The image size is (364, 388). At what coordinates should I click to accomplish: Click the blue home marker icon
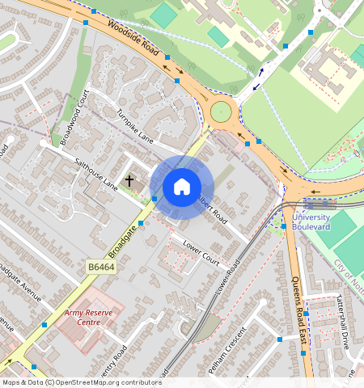(182, 188)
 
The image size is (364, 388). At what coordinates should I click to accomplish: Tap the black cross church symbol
(129, 181)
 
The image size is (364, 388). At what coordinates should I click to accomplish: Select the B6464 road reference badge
(102, 265)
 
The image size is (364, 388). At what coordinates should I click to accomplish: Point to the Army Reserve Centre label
(90, 317)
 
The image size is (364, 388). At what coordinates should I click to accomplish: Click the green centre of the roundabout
(221, 111)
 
